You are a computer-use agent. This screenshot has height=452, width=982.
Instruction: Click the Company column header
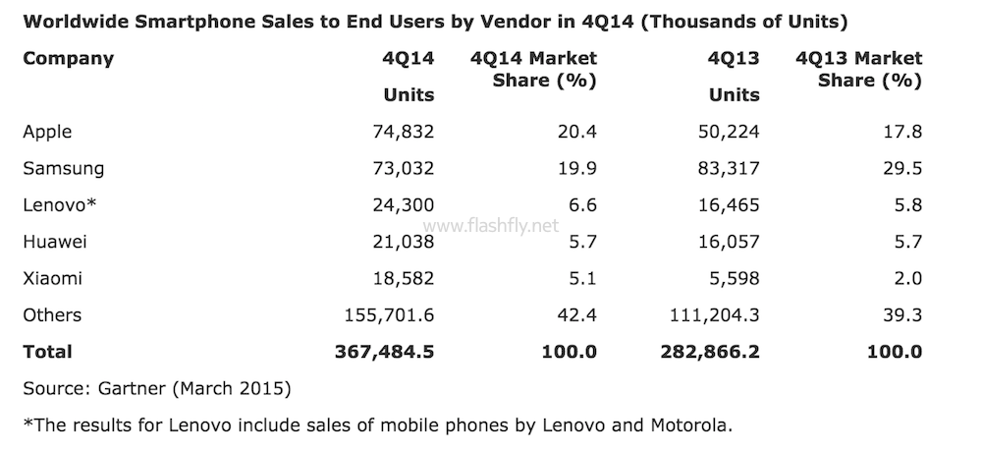pos(68,58)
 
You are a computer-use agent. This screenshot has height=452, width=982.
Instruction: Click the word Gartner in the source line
pos(135,389)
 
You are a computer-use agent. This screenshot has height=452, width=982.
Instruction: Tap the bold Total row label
pos(47,351)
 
